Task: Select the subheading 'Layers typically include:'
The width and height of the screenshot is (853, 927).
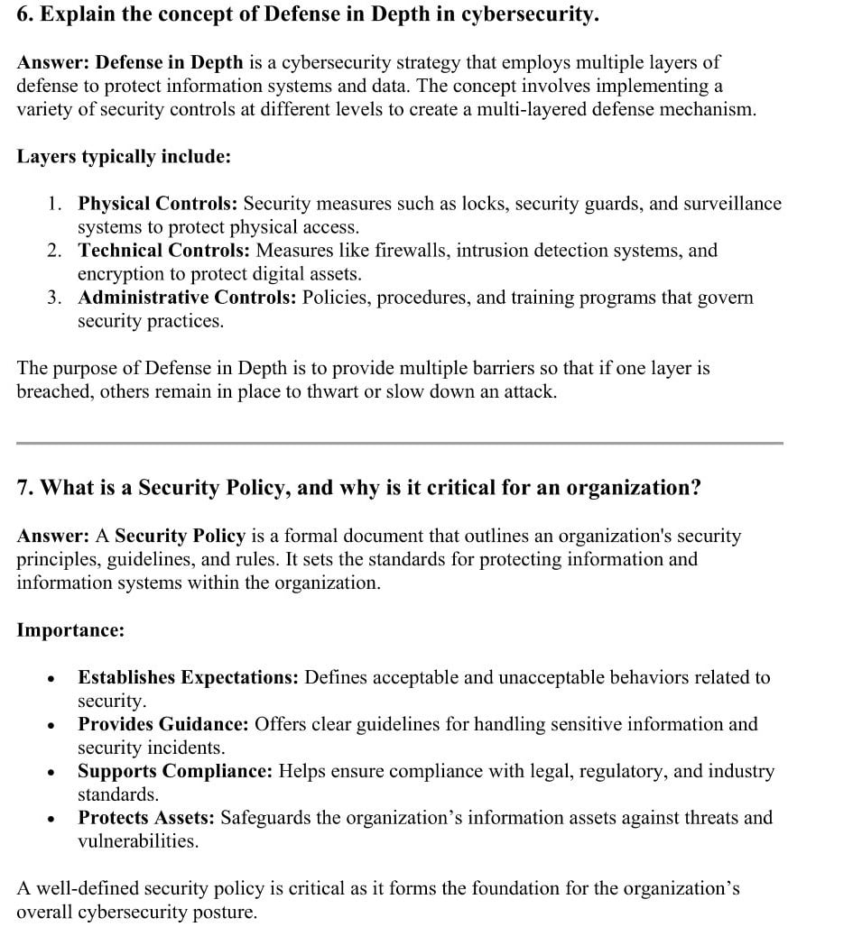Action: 124,156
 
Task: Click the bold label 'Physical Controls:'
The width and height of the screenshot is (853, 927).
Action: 158,203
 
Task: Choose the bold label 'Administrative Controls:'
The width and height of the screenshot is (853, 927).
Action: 187,297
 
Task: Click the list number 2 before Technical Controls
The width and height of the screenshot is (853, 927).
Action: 55,250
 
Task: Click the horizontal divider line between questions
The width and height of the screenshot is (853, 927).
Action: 400,443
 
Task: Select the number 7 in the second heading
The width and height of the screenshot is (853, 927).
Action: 23,488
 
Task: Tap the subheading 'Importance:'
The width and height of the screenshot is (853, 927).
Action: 70,629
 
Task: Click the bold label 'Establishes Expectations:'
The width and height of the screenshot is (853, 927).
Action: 188,677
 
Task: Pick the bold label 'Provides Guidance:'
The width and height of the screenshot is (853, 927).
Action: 163,724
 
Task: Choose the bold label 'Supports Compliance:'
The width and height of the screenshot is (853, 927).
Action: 175,771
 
